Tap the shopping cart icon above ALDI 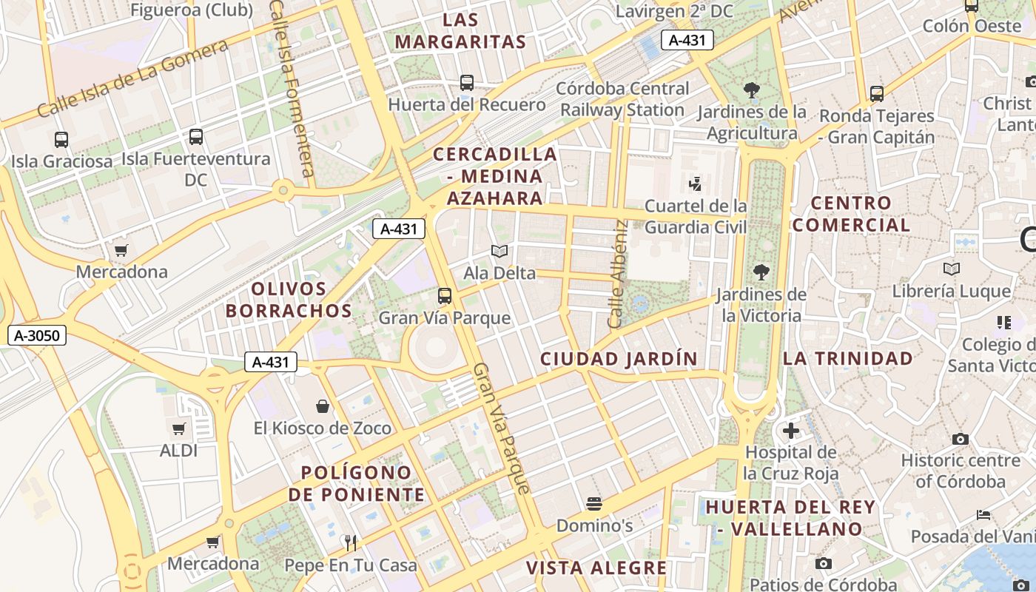(x=179, y=428)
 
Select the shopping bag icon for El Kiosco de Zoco (x=323, y=406)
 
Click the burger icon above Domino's (x=593, y=505)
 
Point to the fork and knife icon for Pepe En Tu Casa (x=351, y=543)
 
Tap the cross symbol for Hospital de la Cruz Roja (x=791, y=430)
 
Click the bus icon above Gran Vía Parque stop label (x=445, y=296)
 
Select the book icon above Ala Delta (x=499, y=252)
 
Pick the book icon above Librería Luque (x=952, y=269)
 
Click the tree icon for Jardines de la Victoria (x=761, y=272)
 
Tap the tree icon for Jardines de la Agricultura (x=752, y=90)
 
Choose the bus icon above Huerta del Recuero (x=467, y=83)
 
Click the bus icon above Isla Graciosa (x=61, y=139)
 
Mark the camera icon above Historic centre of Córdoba (x=961, y=439)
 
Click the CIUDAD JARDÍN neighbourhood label (x=619, y=359)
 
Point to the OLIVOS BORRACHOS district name (x=289, y=300)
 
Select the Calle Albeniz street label (x=617, y=275)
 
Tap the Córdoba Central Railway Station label (x=622, y=99)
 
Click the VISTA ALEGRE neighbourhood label (x=596, y=568)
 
